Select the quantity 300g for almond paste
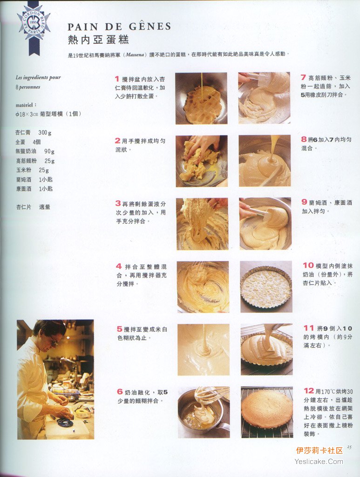[x=45, y=133]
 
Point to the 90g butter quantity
[x=49, y=151]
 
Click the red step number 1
[x=117, y=79]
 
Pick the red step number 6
[x=120, y=392]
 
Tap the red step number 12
[x=309, y=391]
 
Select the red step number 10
[x=308, y=265]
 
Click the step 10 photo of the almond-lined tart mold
[x=266, y=286]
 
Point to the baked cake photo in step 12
[x=267, y=412]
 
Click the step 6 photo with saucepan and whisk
[x=204, y=412]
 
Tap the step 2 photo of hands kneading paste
[x=202, y=161]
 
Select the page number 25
[x=349, y=447]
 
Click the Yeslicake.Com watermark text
[x=319, y=462]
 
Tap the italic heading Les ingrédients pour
[x=38, y=78]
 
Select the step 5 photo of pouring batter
[x=204, y=349]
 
